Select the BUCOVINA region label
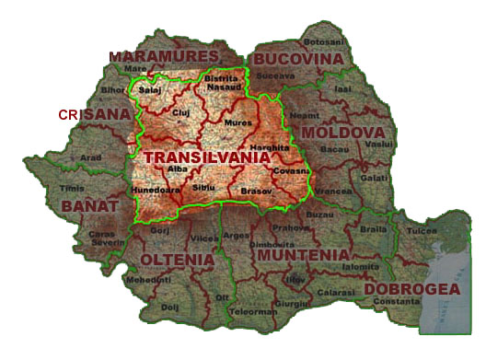[298, 58]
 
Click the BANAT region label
[89, 206]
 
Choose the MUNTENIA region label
[303, 254]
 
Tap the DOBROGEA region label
[412, 289]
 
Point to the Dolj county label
[168, 307]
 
